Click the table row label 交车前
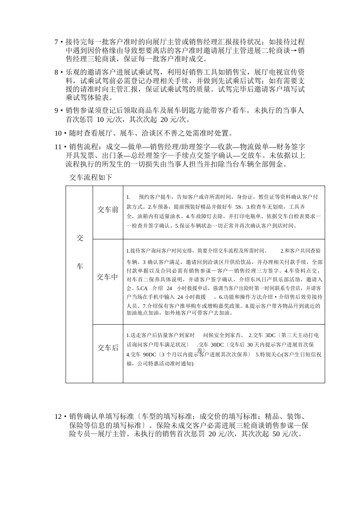(108, 209)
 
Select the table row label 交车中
(108, 277)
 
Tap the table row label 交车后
(108, 348)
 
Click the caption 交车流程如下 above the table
(91, 177)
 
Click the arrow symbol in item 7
(293, 50)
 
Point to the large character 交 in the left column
(80, 238)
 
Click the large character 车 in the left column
(80, 267)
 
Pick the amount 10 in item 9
(100, 120)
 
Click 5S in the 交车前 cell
(238, 207)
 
